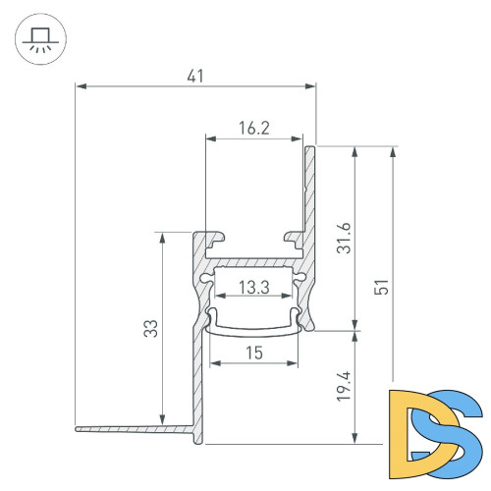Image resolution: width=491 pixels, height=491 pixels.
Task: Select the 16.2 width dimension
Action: (253, 126)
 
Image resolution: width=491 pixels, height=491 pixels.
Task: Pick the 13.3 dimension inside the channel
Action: (254, 287)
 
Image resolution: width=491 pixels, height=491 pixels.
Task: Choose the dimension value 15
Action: (254, 351)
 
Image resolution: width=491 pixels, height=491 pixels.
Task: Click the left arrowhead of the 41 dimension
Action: (81, 86)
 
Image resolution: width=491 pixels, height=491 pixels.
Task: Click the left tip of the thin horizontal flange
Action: (78, 428)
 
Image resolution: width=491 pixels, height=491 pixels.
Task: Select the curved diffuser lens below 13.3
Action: (254, 327)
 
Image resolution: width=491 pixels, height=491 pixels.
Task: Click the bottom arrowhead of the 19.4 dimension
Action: (355, 439)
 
